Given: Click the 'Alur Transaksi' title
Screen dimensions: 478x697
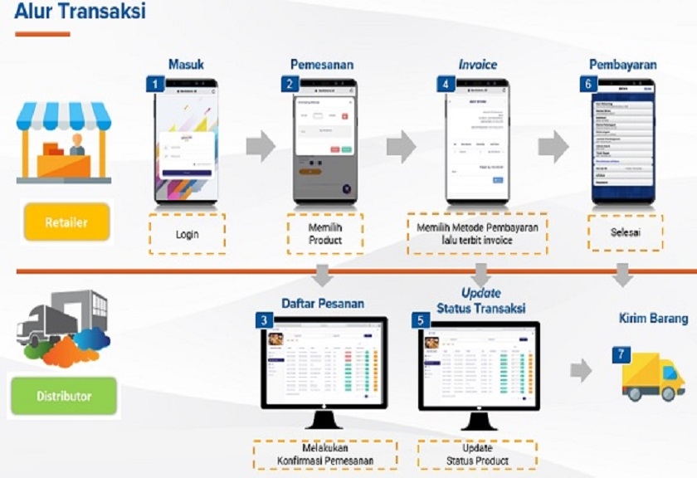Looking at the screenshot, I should (80, 12).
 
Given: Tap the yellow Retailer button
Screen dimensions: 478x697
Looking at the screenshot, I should (66, 222).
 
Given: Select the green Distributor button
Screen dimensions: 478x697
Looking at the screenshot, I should (64, 396).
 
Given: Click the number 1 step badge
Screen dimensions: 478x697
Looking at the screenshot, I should (154, 84).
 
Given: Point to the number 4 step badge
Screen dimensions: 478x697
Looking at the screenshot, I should (447, 84).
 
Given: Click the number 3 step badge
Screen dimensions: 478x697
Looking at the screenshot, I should (264, 319).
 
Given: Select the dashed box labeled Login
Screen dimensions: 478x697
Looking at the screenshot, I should (187, 234).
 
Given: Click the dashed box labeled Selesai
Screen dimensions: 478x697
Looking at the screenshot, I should (626, 232).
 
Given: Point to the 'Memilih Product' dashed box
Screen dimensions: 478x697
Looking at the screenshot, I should (325, 234).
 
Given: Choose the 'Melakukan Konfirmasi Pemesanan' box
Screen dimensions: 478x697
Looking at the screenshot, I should (326, 455).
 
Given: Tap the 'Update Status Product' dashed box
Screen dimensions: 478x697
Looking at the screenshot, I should (477, 455).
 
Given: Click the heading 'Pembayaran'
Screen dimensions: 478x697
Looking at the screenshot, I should (622, 64).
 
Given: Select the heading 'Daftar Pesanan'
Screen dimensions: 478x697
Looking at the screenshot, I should (322, 303).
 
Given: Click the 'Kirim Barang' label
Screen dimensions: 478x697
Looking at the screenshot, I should (653, 319).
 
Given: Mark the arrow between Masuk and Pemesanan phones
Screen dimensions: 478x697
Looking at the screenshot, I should (261, 146).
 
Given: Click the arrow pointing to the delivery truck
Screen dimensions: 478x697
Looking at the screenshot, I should (581, 371).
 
